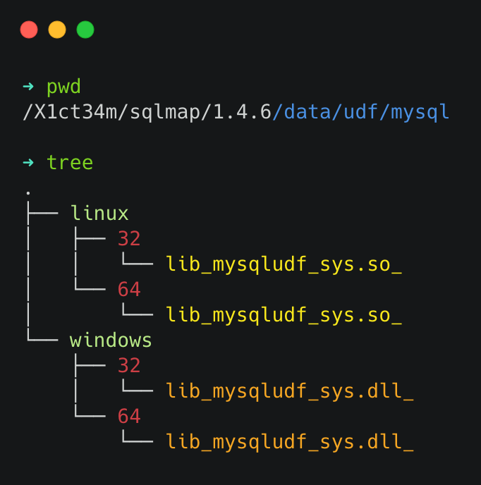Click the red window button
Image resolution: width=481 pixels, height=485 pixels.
pyautogui.click(x=29, y=30)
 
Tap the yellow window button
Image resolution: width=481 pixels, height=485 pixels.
pyautogui.click(x=57, y=30)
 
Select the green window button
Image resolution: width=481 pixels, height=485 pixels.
pyautogui.click(x=85, y=30)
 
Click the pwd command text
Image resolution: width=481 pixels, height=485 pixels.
pyautogui.click(x=63, y=87)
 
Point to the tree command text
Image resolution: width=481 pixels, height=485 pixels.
pyautogui.click(x=69, y=163)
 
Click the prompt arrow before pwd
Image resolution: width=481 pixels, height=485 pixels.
pyautogui.click(x=28, y=87)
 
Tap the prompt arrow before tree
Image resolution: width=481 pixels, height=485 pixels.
pyautogui.click(x=28, y=163)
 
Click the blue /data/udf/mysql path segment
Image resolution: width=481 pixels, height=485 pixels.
pyautogui.click(x=360, y=112)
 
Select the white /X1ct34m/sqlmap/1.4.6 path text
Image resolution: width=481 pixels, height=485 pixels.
pyautogui.click(x=147, y=112)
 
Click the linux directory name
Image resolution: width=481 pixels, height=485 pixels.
pyautogui.click(x=99, y=214)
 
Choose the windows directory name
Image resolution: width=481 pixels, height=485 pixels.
pyautogui.click(x=111, y=340)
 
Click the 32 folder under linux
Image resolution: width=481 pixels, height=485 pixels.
pyautogui.click(x=129, y=239)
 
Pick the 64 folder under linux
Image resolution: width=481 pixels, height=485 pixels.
pyautogui.click(x=129, y=290)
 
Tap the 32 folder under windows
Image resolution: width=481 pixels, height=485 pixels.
pyautogui.click(x=129, y=366)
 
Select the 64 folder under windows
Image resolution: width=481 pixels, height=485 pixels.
pyautogui.click(x=129, y=417)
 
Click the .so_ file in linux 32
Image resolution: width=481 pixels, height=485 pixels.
pyautogui.click(x=284, y=264)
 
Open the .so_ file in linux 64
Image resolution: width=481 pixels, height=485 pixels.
pyautogui.click(x=284, y=315)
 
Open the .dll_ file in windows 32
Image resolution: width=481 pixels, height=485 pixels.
pyautogui.click(x=289, y=391)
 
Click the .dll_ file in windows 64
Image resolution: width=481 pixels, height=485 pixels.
pyautogui.click(x=289, y=442)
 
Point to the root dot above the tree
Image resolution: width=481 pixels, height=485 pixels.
pyautogui.click(x=28, y=192)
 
